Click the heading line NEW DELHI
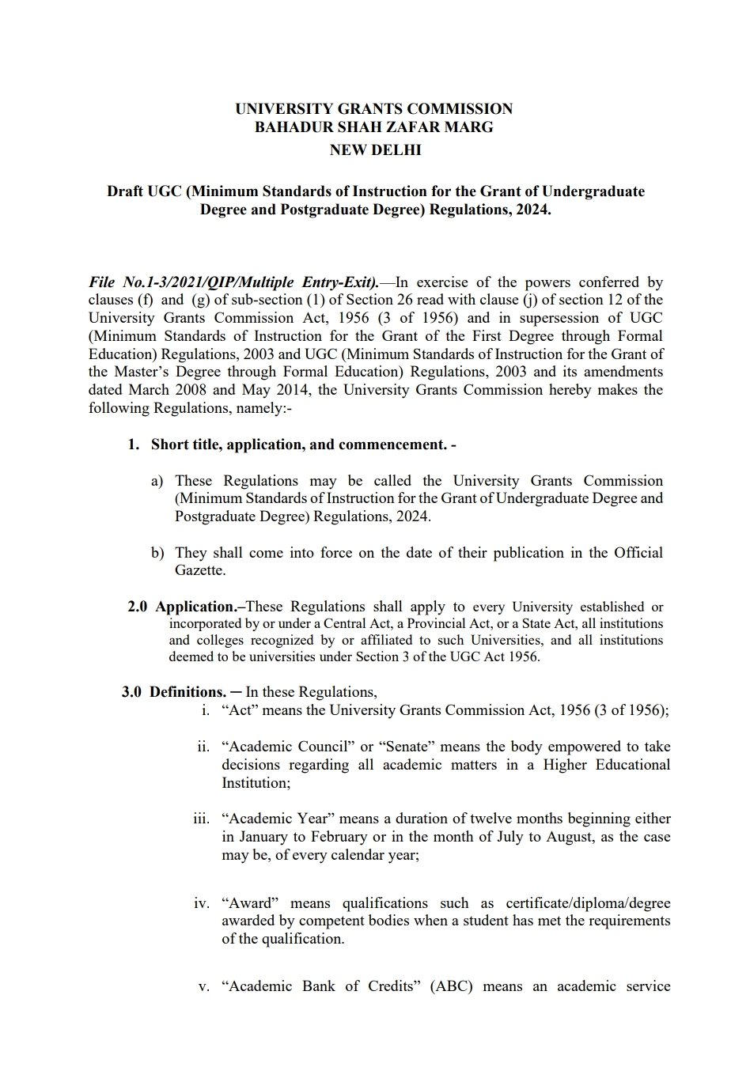[375, 149]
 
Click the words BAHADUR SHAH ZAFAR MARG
[373, 127]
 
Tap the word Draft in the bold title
[125, 191]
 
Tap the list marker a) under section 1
[157, 481]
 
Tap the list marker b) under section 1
[157, 553]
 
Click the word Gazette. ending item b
[200, 570]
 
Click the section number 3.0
[131, 692]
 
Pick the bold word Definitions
[187, 692]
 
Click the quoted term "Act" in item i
[240, 710]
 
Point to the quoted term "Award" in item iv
[251, 903]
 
